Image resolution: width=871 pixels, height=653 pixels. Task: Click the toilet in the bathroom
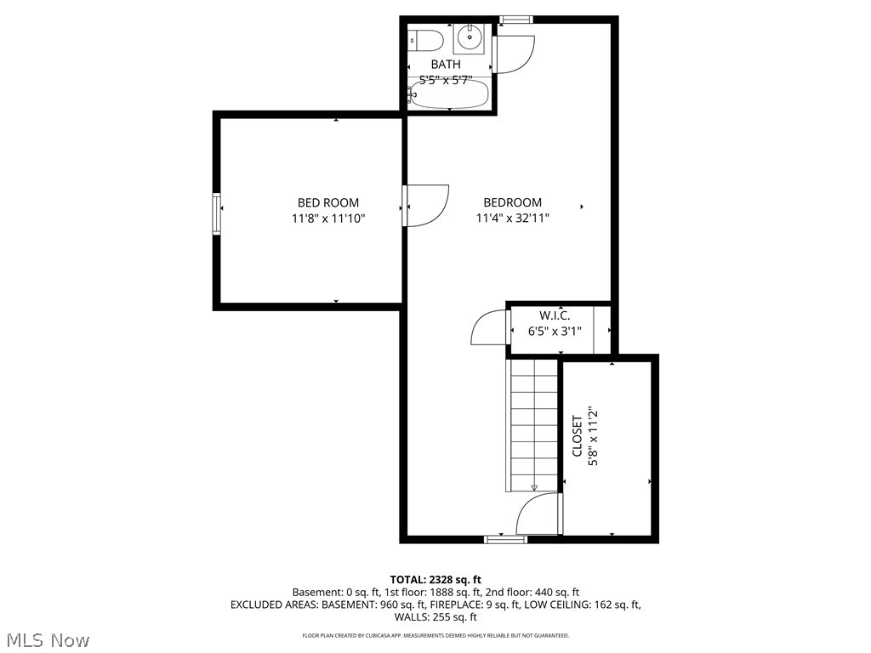pos(425,40)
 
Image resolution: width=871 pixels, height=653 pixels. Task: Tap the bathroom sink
pos(469,38)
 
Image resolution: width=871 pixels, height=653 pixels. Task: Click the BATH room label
pos(446,65)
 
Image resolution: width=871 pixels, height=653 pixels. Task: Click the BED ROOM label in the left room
pos(328,202)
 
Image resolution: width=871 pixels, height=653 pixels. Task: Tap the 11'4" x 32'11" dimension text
pos(512,219)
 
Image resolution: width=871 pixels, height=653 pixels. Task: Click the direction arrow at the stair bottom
pos(534,487)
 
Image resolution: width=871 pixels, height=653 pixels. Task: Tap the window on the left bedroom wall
pos(217,213)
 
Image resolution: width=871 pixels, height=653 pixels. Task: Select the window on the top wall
pos(515,20)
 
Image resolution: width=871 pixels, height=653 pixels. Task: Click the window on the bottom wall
pos(505,539)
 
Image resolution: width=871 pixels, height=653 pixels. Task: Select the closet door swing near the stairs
pos(538,515)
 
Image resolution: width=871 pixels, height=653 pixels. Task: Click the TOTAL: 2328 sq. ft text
pos(435,579)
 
